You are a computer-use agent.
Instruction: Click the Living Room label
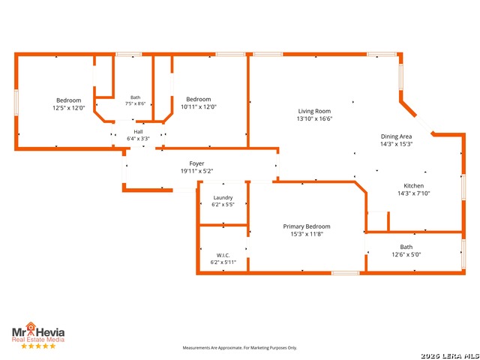point(314,111)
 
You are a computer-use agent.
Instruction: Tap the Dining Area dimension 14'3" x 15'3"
point(396,144)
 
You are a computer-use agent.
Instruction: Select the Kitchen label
point(414,186)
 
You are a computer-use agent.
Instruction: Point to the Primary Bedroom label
point(307,226)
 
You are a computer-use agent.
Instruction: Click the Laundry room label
point(223,198)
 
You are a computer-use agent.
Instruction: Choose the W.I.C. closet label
point(223,255)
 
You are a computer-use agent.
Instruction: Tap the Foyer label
point(196,163)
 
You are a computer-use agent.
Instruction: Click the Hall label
point(138,132)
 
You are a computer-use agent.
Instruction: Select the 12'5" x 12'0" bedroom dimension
point(68,108)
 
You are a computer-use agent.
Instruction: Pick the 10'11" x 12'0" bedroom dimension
point(198,106)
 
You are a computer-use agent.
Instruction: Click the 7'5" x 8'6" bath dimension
point(135,103)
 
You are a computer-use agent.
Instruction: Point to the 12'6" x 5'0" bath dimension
point(406,254)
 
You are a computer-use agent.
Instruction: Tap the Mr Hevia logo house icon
point(30,327)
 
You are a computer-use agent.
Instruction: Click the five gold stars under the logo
point(38,346)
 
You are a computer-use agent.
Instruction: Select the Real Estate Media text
point(38,340)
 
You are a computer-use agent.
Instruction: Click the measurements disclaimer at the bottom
point(240,348)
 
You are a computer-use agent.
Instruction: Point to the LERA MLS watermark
point(450,356)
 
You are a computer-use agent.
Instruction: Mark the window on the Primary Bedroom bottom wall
point(345,273)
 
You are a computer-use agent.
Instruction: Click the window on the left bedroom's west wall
point(16,102)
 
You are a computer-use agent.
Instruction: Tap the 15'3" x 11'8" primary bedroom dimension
point(307,234)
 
